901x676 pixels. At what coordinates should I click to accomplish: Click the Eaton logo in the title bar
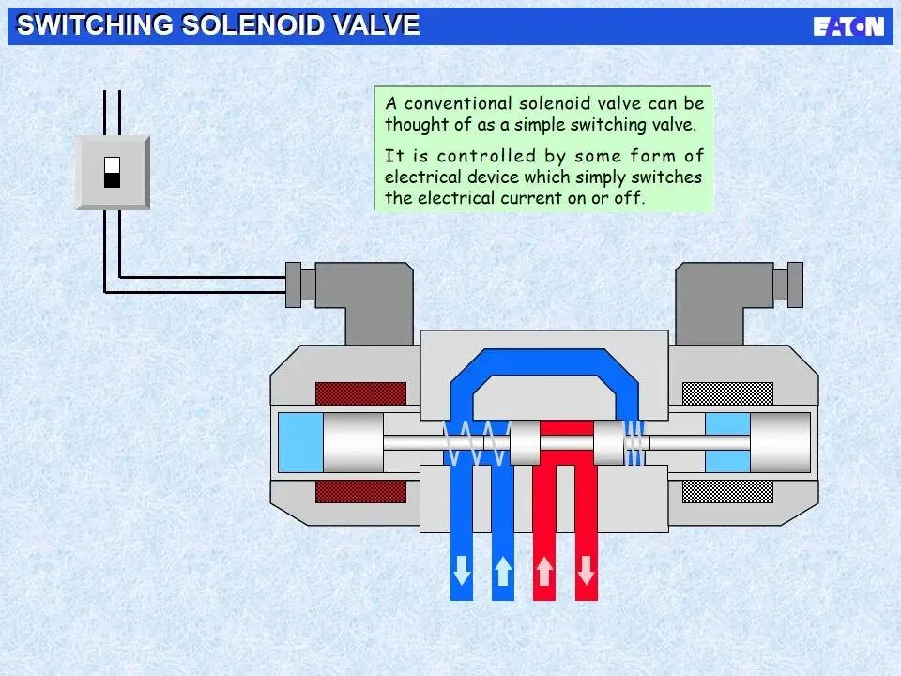[848, 26]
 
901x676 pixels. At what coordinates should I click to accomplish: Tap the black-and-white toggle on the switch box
[112, 172]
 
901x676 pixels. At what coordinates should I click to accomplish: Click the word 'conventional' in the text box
[458, 103]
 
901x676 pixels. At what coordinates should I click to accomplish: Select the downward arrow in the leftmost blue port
[462, 570]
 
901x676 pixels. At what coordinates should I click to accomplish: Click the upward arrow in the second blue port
[503, 570]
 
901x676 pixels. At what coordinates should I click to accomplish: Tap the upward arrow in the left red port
[544, 570]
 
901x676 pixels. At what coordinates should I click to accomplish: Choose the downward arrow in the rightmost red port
[586, 570]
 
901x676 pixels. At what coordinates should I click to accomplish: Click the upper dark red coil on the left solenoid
[360, 393]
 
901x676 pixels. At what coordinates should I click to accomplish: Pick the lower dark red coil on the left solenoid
[360, 491]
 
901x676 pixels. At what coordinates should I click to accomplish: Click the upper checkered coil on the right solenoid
[727, 393]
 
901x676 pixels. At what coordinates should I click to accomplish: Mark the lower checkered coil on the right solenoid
[727, 491]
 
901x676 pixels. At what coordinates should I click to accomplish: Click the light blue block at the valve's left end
[300, 442]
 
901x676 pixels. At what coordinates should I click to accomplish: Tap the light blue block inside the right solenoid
[727, 442]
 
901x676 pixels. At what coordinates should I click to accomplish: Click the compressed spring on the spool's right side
[635, 442]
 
